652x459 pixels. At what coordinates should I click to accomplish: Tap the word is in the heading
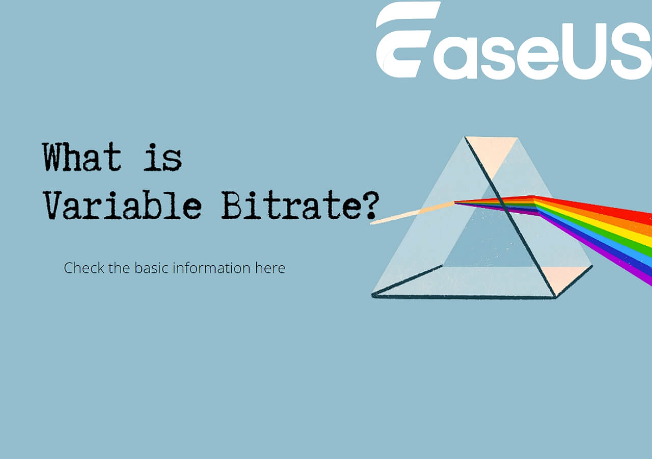pyautogui.click(x=162, y=158)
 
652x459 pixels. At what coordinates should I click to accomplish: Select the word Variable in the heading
pyautogui.click(x=123, y=205)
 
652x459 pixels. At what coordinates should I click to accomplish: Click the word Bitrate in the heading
pyautogui.click(x=290, y=205)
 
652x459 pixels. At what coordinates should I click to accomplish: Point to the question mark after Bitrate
pyautogui.click(x=371, y=205)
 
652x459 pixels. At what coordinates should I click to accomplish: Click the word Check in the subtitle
pyautogui.click(x=84, y=268)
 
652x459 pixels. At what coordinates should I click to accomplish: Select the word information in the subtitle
pyautogui.click(x=211, y=268)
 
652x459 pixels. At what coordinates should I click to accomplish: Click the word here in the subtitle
pyautogui.click(x=270, y=268)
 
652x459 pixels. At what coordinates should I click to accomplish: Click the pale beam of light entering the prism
pyautogui.click(x=412, y=213)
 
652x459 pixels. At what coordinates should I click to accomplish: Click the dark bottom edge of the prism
pyautogui.click(x=464, y=297)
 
